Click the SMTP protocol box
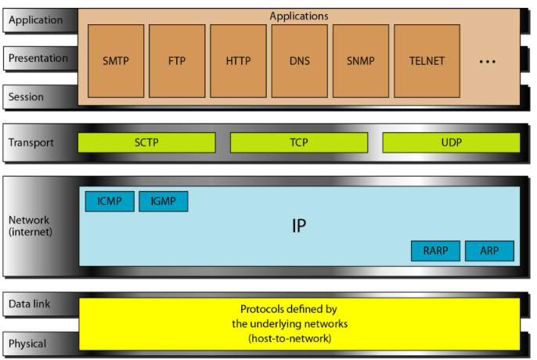coord(116,60)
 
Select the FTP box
coord(177,60)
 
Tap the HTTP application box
coord(238,60)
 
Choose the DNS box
coord(299,60)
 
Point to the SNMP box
coord(360,60)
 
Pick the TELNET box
coord(426,60)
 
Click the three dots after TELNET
coord(487,61)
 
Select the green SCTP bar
coord(146,142)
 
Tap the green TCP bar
coord(298,142)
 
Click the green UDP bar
coord(451,142)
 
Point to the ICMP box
coord(110,202)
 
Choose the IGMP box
coord(164,202)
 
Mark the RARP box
coord(435,251)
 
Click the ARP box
coord(489,251)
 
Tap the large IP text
coord(298,226)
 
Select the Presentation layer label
coord(38,58)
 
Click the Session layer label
coord(26,97)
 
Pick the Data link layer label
coord(31,304)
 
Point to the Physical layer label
coord(27,344)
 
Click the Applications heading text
coord(299,16)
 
